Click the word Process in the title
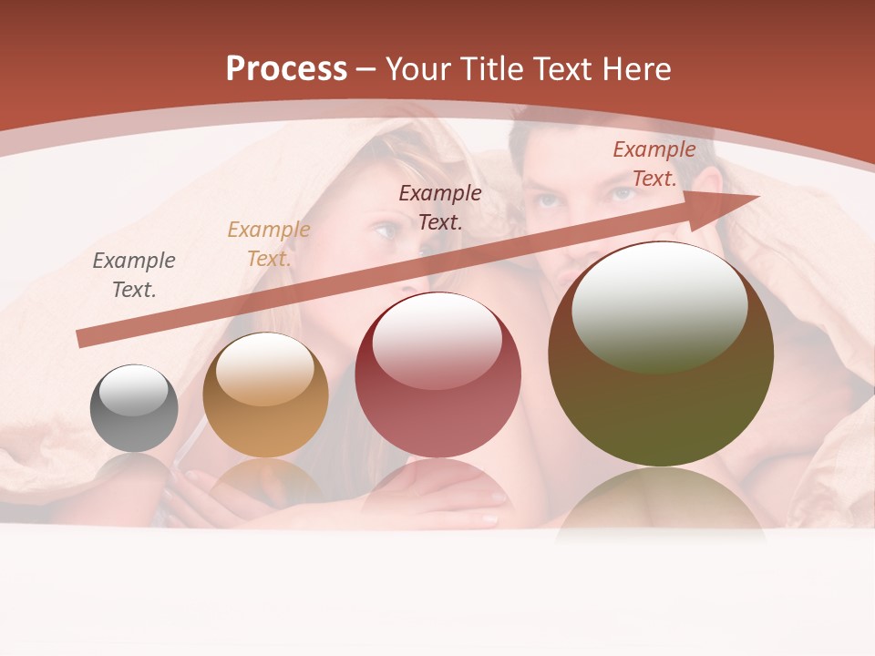coord(286,69)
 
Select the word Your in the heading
coord(420,69)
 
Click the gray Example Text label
coord(134,275)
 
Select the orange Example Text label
coord(269,244)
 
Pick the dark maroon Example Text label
coord(440,207)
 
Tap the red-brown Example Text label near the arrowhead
coord(654,164)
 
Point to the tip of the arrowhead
coord(758,196)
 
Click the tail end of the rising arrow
coord(80,340)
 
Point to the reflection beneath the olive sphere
coord(661,501)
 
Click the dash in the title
coord(366,69)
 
